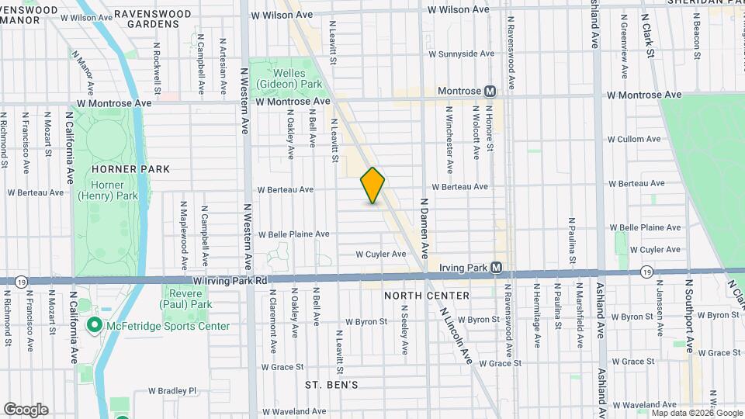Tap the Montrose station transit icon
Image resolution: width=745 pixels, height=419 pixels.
click(x=490, y=91)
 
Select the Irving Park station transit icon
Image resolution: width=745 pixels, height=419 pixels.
click(x=497, y=268)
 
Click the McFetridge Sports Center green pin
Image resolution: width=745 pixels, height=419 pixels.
click(x=95, y=325)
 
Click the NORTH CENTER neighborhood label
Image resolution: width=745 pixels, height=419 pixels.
click(x=426, y=296)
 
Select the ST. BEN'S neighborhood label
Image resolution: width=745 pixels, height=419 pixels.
click(x=331, y=385)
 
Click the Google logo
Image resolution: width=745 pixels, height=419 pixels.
click(x=26, y=409)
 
